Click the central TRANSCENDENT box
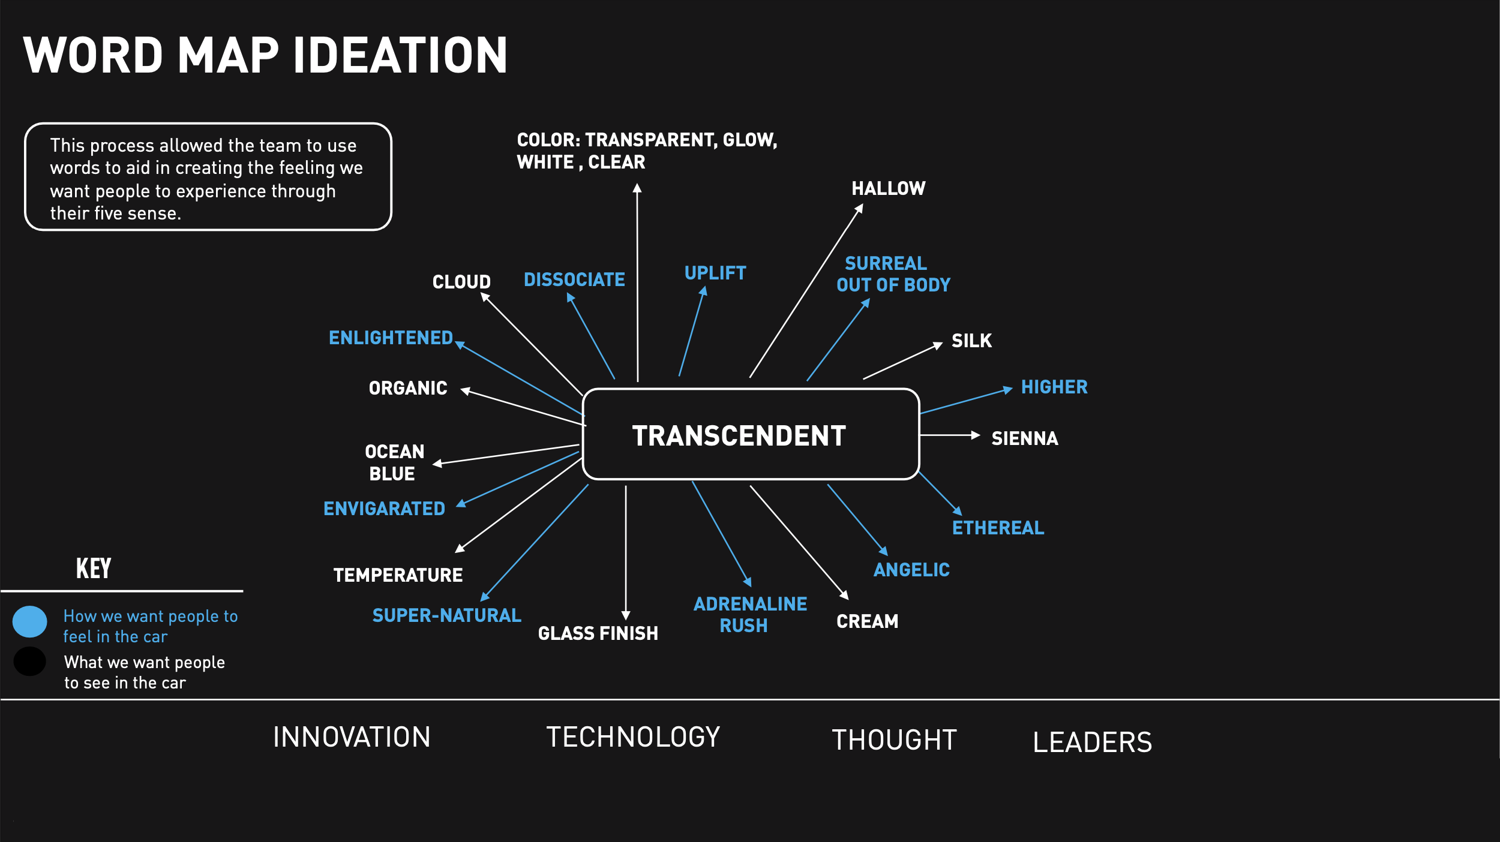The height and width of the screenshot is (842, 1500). (x=751, y=435)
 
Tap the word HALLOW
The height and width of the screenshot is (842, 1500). (x=888, y=188)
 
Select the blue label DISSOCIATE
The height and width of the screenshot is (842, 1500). (x=574, y=279)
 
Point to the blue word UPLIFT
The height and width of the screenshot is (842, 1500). (x=715, y=273)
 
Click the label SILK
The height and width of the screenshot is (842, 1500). (x=971, y=341)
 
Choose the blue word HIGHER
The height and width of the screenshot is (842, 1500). (x=1054, y=387)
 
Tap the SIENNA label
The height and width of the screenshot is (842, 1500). (x=1024, y=438)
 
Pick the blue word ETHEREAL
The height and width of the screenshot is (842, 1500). (x=998, y=528)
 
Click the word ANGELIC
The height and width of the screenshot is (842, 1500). (x=911, y=570)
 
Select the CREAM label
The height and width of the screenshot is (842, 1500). (x=867, y=621)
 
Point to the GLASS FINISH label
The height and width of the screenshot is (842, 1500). (x=598, y=633)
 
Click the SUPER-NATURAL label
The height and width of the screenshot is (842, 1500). (x=446, y=615)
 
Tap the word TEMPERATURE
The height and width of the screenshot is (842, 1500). (x=398, y=575)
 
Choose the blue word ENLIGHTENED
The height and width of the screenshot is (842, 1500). (x=391, y=338)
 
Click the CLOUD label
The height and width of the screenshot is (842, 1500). (x=461, y=282)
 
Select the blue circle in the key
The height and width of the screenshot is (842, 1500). (x=30, y=621)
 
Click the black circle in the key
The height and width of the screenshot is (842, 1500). (x=30, y=661)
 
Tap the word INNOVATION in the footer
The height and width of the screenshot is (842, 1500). (x=352, y=737)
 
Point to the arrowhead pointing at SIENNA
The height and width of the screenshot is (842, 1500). (x=976, y=435)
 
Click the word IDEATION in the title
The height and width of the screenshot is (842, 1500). (x=400, y=55)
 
